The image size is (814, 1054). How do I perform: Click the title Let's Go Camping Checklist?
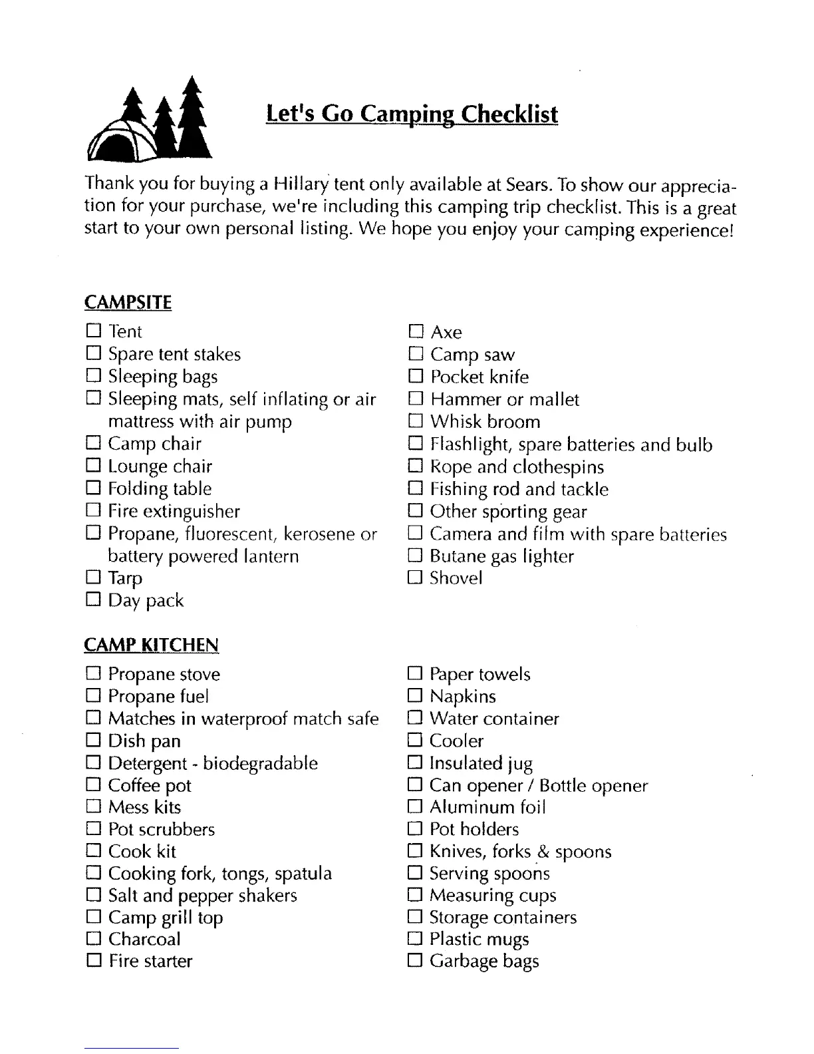click(x=412, y=114)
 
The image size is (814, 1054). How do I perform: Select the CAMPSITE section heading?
click(x=128, y=303)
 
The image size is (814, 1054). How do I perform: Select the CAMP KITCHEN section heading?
click(x=151, y=645)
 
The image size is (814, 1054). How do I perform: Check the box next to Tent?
click(x=93, y=331)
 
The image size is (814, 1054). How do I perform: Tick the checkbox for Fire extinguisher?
click(x=93, y=511)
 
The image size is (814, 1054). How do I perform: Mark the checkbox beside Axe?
click(x=416, y=331)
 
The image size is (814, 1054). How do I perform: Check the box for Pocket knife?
click(x=416, y=377)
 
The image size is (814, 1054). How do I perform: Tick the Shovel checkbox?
click(x=416, y=578)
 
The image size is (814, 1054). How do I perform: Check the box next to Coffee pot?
click(x=93, y=785)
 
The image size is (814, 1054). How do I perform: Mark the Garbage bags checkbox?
click(x=415, y=960)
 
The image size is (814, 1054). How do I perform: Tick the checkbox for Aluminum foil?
click(x=415, y=807)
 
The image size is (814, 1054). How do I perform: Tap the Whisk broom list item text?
click(x=485, y=422)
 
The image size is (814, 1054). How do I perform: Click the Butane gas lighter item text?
click(x=501, y=556)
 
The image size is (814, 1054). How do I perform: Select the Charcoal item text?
click(x=144, y=939)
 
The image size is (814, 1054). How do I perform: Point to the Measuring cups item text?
click(x=493, y=896)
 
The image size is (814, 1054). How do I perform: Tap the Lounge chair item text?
click(x=160, y=466)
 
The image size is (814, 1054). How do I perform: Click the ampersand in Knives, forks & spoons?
click(x=543, y=852)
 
